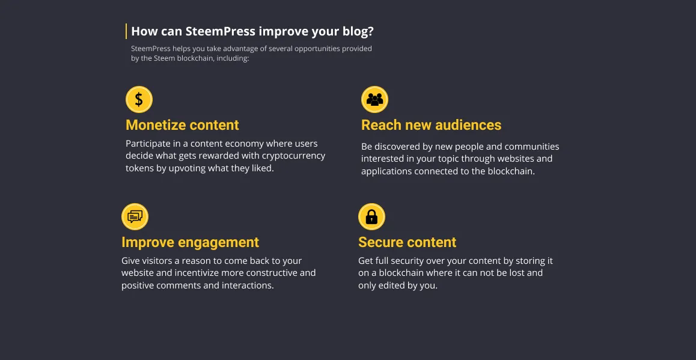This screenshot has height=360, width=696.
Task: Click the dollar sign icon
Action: (x=139, y=99)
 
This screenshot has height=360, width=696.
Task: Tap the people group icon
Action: (x=374, y=99)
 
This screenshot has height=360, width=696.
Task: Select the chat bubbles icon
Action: (x=135, y=216)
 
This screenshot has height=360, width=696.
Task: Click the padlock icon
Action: (x=371, y=216)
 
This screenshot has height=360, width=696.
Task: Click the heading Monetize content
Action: (x=183, y=125)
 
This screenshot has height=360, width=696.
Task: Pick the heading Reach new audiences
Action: (x=432, y=125)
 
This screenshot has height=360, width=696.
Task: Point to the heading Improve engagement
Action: (x=191, y=242)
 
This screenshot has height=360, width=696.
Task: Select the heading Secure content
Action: (x=408, y=242)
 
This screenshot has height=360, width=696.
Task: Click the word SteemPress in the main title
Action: (x=221, y=31)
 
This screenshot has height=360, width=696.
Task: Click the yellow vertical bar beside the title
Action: (x=126, y=31)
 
